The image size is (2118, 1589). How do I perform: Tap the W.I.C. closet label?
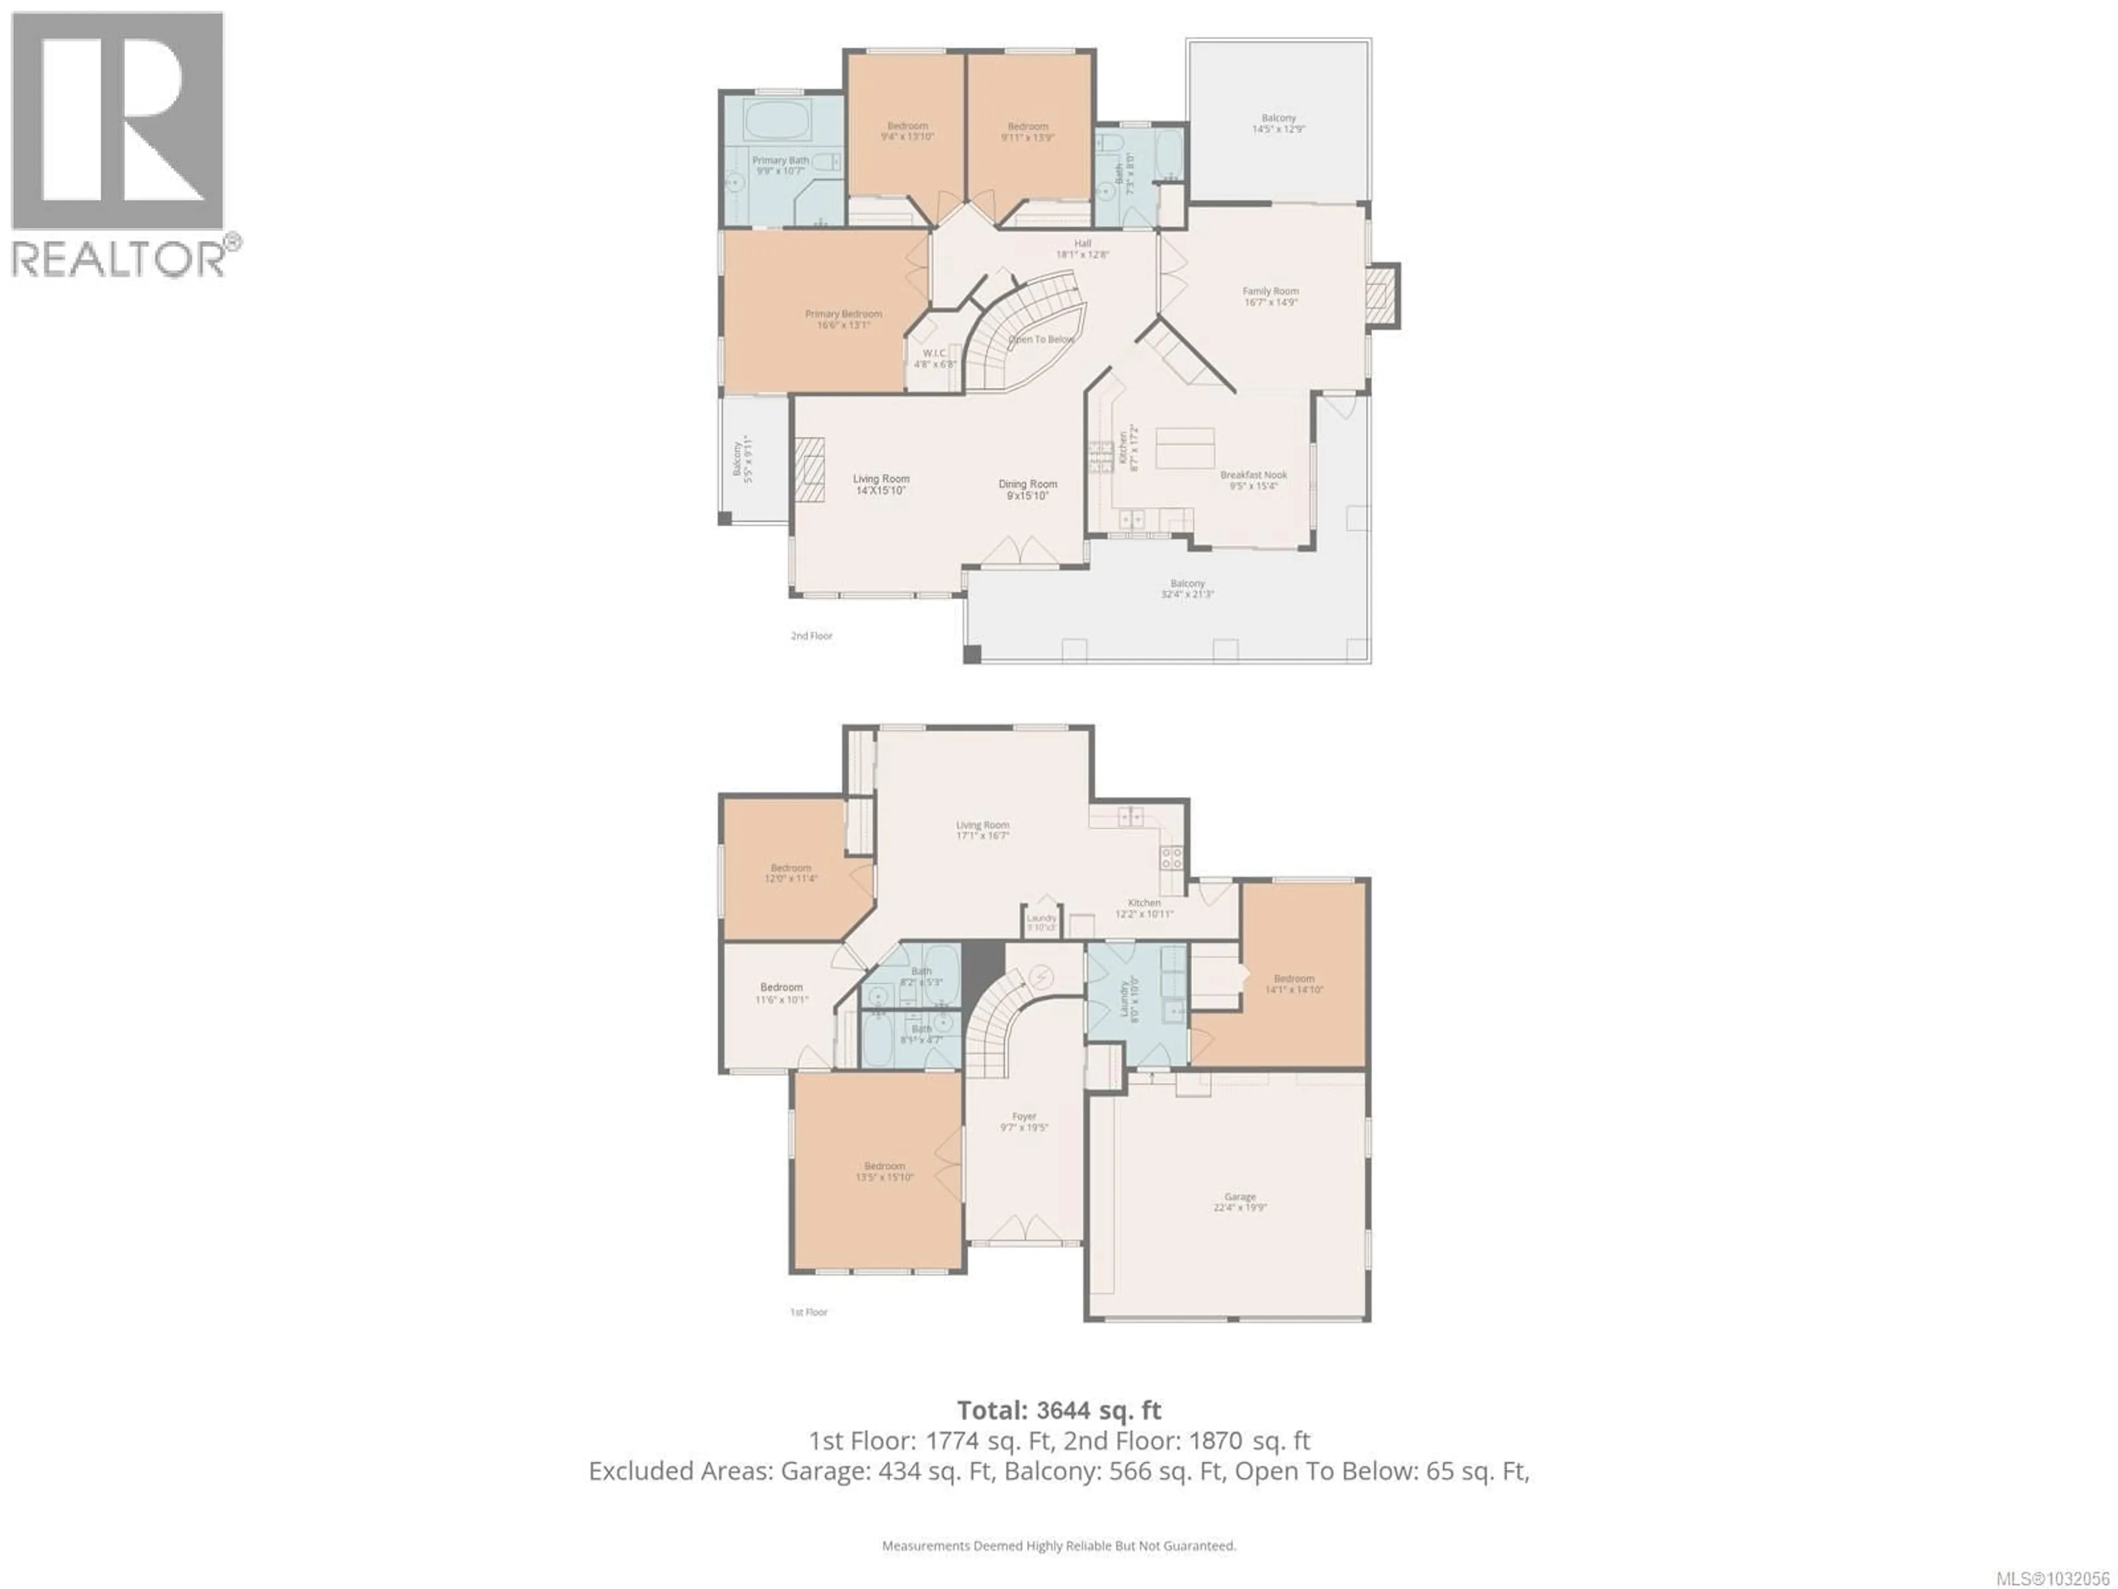pos(934,358)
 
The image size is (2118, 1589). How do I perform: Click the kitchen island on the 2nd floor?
pos(1185,448)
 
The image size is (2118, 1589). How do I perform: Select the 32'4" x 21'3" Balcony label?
pos(1188,588)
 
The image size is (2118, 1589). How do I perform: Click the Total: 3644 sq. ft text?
pos(1059,1410)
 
